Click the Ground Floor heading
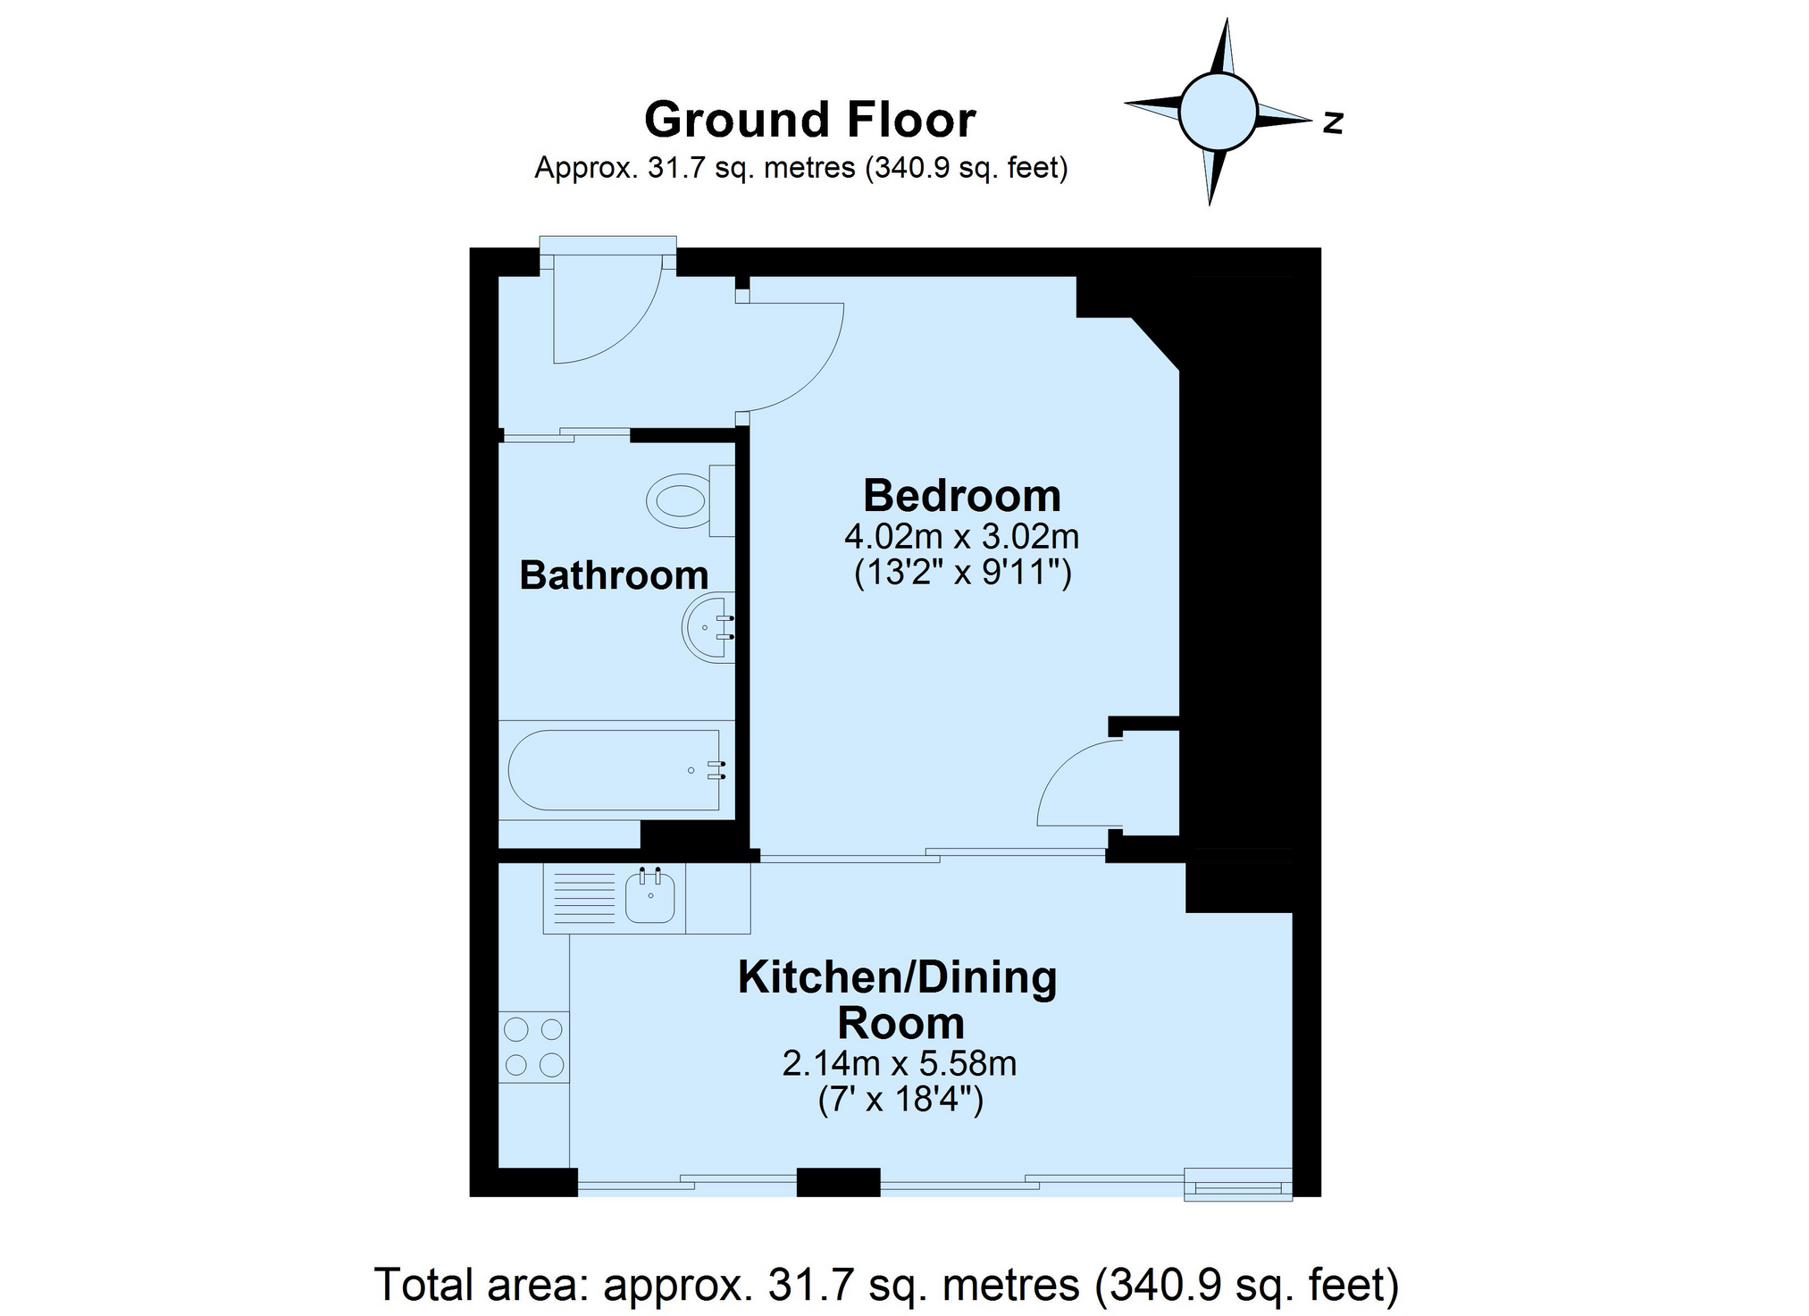coord(809,121)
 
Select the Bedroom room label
coord(961,496)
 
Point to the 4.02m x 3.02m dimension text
coord(962,537)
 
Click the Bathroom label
coord(614,575)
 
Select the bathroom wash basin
coord(708,627)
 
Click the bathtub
coord(616,770)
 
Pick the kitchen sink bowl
coord(649,896)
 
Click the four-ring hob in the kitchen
coord(534,1047)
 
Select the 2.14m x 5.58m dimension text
coord(900,1064)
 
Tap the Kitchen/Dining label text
coord(898,978)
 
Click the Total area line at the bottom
coord(886,1285)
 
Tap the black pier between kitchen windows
coord(838,1182)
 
